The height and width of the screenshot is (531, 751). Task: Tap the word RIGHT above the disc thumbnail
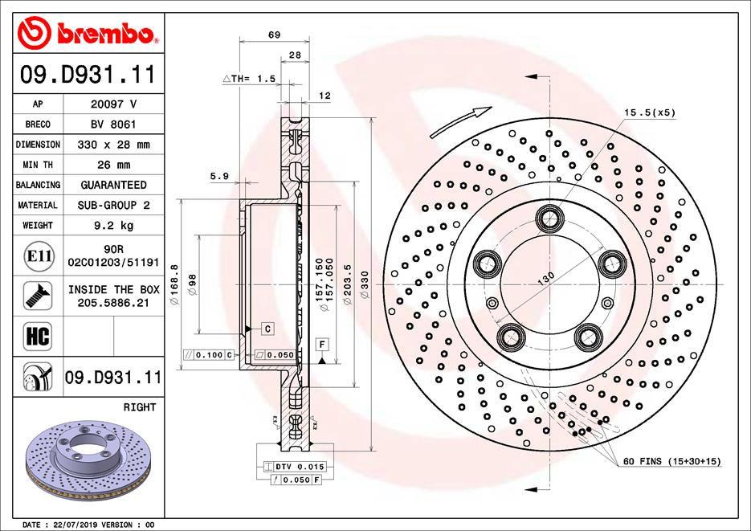coord(140,407)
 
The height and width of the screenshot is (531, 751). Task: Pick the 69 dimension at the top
coord(274,34)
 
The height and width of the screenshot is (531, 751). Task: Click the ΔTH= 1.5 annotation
coord(248,79)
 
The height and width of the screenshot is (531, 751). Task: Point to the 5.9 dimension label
coord(219,176)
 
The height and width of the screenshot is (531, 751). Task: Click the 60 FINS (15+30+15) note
coord(672,461)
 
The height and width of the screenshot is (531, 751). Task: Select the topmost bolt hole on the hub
coord(550,216)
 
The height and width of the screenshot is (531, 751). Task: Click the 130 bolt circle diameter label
coord(545,278)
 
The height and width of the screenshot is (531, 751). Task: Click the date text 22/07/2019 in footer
coord(76,525)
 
